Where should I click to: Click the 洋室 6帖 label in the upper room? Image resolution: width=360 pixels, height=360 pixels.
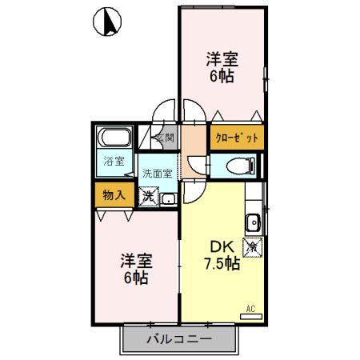(221, 66)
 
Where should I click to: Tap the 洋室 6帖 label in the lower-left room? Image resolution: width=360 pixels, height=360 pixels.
(136, 270)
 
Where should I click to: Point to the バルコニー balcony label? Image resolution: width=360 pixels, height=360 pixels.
(179, 338)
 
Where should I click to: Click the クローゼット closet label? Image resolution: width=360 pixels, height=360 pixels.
(237, 138)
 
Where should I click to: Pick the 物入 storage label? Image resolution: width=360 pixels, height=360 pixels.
(114, 194)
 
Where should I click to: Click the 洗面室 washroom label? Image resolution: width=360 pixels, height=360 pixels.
(158, 173)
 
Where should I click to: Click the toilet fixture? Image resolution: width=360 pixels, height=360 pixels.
(240, 166)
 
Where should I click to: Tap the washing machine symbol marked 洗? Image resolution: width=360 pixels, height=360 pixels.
(149, 196)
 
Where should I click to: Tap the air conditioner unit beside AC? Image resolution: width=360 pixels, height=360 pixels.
(250, 317)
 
